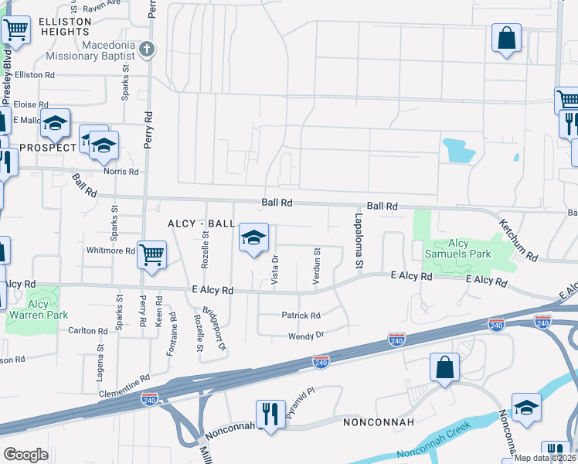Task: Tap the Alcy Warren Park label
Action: pos(37,309)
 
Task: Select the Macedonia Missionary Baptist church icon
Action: pos(148,50)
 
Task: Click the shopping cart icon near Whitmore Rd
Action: pos(151,253)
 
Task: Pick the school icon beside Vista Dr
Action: pos(253,238)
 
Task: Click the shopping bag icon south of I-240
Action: pos(445,367)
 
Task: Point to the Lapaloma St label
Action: pos(359,241)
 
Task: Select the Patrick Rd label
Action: pos(301,316)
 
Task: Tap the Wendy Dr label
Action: pos(305,336)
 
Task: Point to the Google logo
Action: pos(25,454)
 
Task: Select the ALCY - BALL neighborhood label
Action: pos(201,223)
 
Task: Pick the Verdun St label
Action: pos(317,266)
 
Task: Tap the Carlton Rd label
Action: pos(87,330)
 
